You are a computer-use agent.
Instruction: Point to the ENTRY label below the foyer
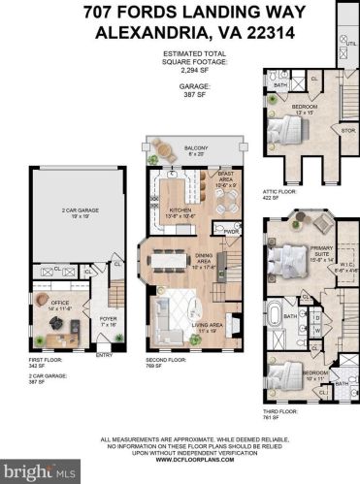pos(105,356)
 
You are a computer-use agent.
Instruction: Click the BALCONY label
pos(194,149)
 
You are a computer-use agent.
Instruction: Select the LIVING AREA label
pos(209,328)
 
